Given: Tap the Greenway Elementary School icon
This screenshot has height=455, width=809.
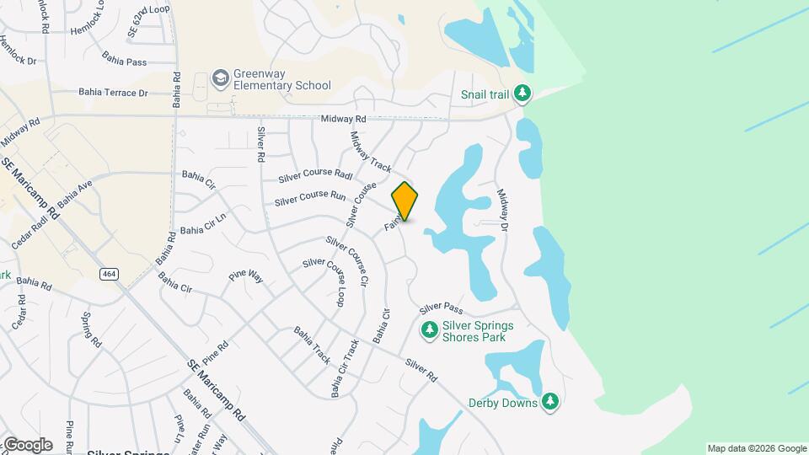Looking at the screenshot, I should tap(221, 78).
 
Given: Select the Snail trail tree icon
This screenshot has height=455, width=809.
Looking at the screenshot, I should tap(523, 93).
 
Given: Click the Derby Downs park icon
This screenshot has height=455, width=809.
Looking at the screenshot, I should tap(550, 402).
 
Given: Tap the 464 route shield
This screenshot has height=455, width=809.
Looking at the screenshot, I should tap(109, 274).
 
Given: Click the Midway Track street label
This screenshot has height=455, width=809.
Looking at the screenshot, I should tap(372, 148).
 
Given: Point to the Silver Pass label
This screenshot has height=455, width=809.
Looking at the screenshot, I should tap(442, 309).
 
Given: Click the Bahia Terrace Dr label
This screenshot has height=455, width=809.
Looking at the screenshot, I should tap(113, 93).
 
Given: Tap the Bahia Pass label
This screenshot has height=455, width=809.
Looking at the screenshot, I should tap(124, 60).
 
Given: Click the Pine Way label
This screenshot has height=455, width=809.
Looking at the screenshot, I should tap(246, 276).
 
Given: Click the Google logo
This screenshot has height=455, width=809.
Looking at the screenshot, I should tap(27, 445).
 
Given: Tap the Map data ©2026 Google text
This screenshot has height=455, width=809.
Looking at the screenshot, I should tap(756, 448).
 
